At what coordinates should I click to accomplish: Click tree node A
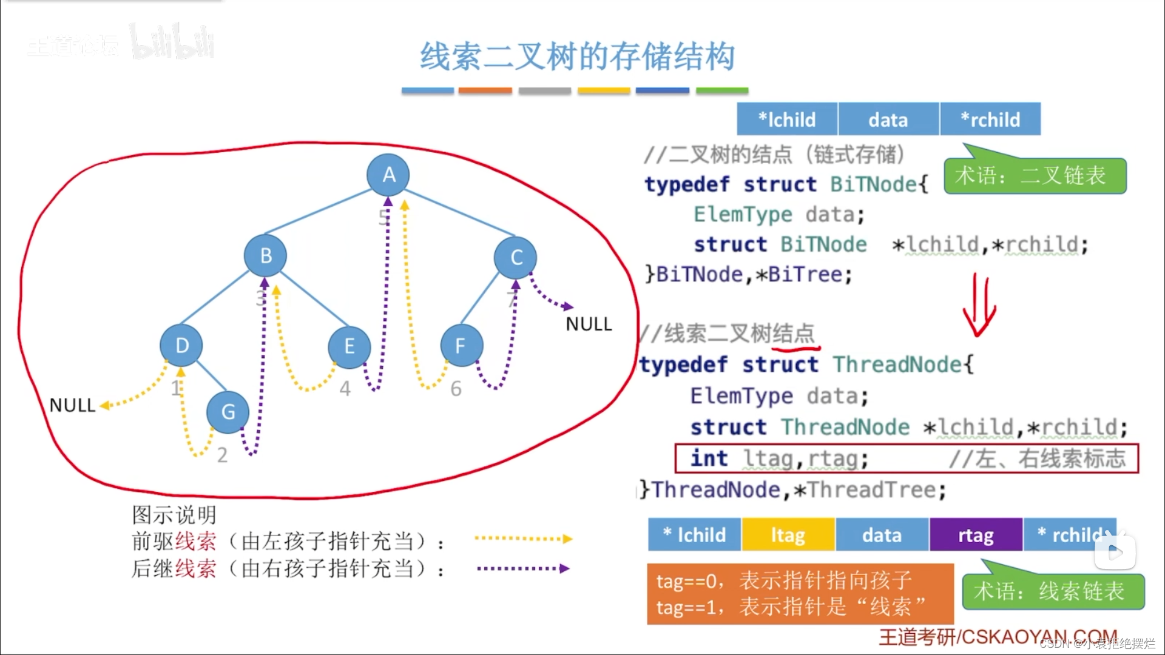(388, 175)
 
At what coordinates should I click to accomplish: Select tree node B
(265, 255)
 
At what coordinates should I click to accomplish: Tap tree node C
(515, 257)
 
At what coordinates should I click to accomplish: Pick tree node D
(181, 346)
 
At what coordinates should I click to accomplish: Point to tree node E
(349, 347)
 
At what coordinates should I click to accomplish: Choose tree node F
(461, 346)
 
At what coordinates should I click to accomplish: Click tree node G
(228, 412)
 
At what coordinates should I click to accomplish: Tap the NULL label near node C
(588, 324)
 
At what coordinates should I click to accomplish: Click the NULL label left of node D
(72, 405)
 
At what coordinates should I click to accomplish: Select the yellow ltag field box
(788, 535)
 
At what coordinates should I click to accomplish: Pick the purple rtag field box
(976, 535)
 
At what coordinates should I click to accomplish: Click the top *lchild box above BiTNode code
(787, 119)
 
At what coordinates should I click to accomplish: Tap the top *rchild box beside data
(990, 119)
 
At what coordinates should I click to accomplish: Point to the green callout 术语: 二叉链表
(1035, 176)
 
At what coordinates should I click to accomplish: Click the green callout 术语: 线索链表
(1053, 591)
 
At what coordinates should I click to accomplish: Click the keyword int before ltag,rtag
(709, 458)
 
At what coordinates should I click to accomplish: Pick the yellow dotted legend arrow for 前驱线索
(523, 539)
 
